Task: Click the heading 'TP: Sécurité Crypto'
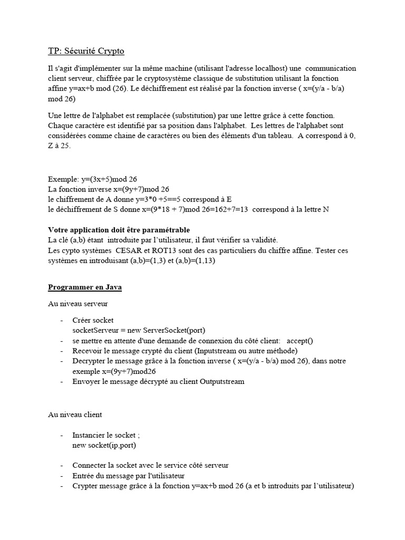[x=86, y=51]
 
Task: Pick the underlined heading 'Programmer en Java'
[x=85, y=287]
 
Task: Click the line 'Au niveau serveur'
[x=78, y=304]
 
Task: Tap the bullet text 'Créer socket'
[x=93, y=320]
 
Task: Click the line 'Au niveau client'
[x=75, y=414]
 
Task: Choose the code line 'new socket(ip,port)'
[x=104, y=446]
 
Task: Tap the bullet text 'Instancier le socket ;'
[x=106, y=436]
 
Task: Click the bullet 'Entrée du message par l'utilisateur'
[x=128, y=476]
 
